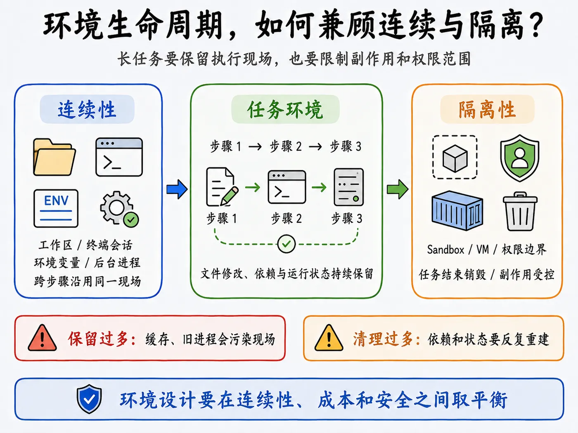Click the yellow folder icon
point(54,157)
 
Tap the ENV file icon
point(56,208)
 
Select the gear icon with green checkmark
point(119,209)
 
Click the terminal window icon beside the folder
point(119,157)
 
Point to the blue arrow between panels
point(177,189)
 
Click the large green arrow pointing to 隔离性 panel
point(398,189)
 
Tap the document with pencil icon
point(222,187)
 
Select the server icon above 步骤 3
point(348,187)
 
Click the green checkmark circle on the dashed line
point(286,244)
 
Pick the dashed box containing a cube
point(455,157)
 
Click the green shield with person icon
point(519,158)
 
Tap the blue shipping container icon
point(457,211)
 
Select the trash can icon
point(520,212)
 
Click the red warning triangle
point(42,338)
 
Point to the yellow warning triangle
point(329,338)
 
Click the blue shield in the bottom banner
point(89,399)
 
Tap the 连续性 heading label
point(87,109)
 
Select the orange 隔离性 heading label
point(487,109)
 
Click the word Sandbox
point(445,249)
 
